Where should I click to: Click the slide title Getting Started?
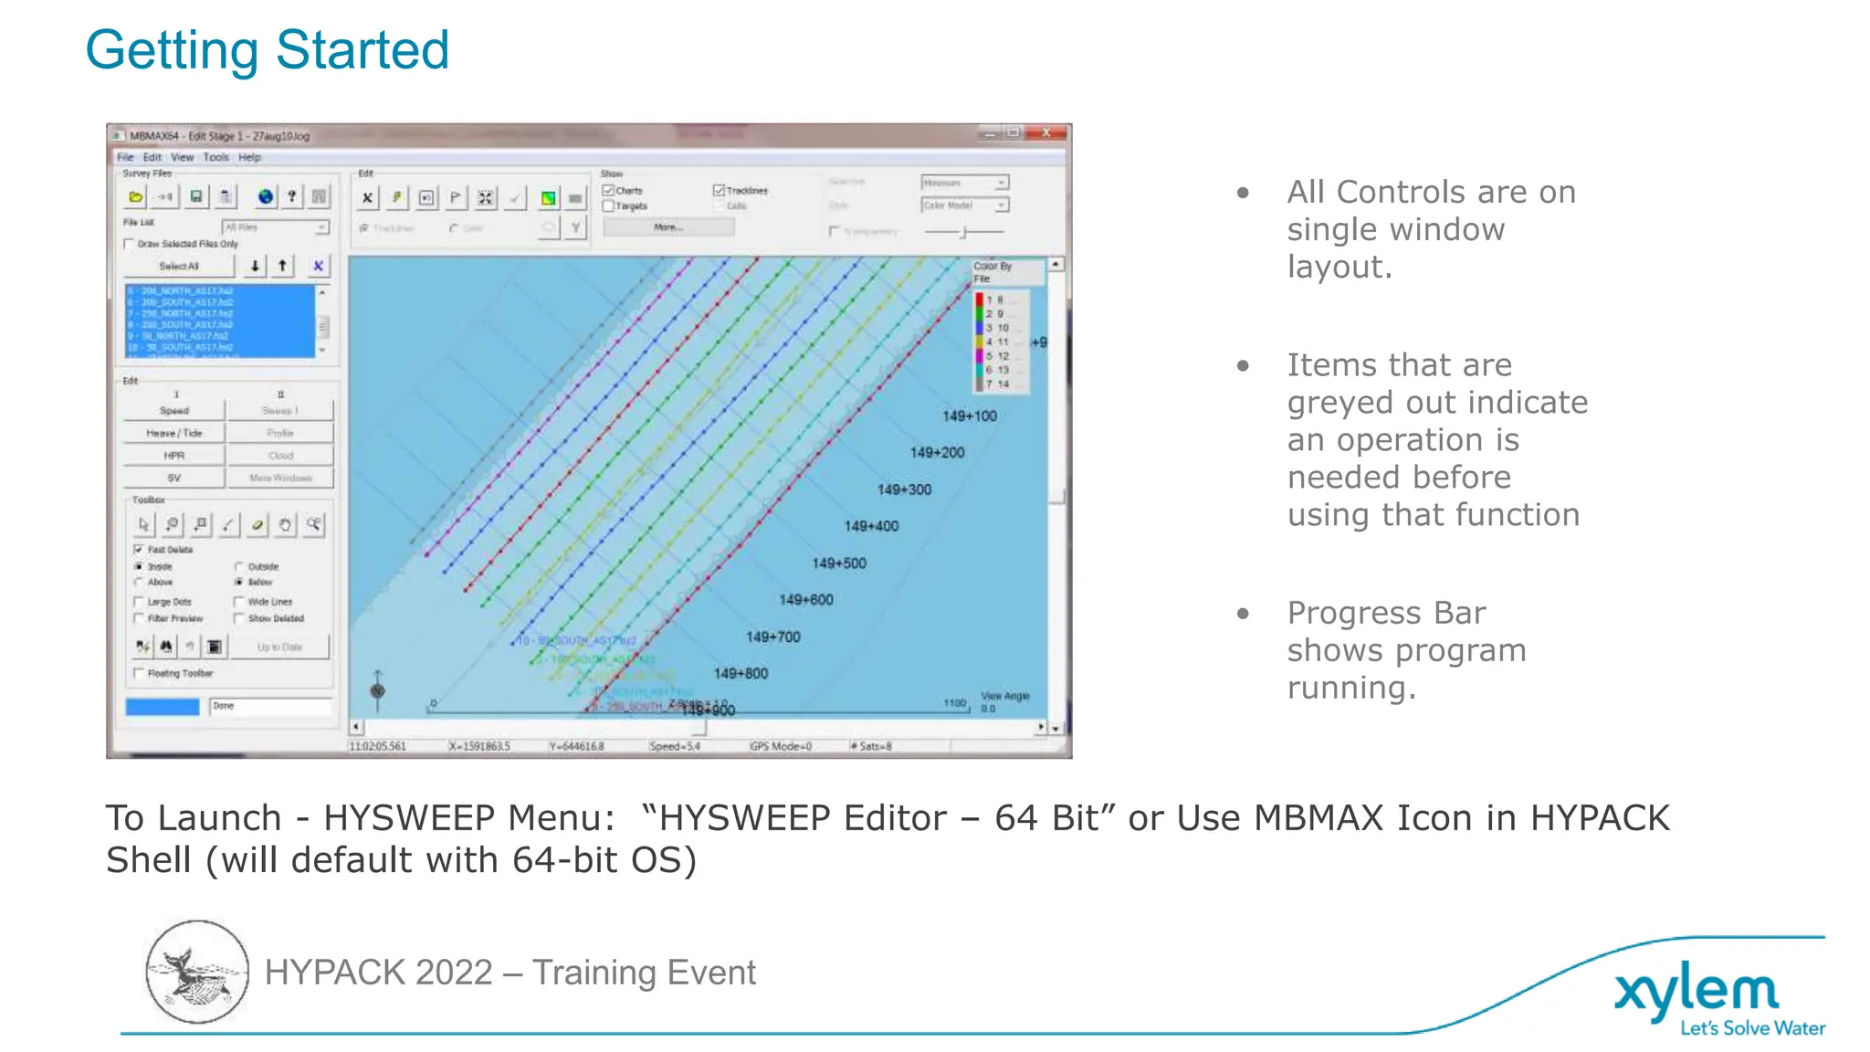[267, 49]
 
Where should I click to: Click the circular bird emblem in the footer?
[197, 972]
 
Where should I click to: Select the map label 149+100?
[969, 416]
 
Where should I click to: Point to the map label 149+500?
[838, 563]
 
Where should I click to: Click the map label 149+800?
[740, 674]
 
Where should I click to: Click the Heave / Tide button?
[173, 433]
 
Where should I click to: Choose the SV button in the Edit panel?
[173, 478]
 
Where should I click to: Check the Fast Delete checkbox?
[139, 550]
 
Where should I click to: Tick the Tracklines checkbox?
[719, 190]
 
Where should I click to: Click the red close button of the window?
[1046, 133]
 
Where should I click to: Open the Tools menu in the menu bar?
[215, 157]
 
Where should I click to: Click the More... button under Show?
[667, 227]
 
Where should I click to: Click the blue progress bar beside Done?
[163, 707]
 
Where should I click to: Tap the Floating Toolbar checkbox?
[139, 674]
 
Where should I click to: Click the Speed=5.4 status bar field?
[674, 746]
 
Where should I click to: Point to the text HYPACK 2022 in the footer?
[378, 973]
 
